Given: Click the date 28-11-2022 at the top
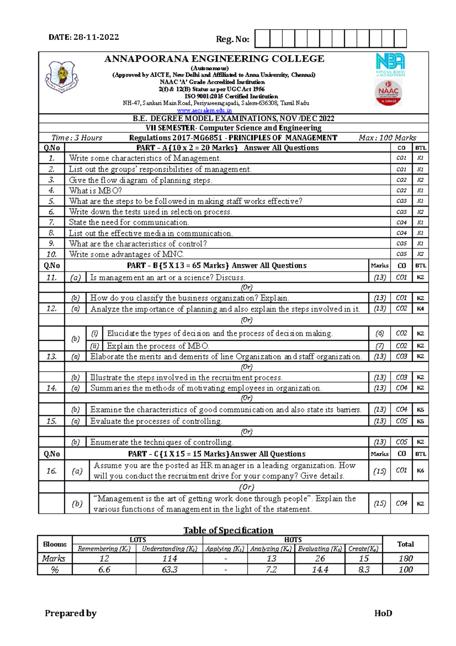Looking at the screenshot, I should [x=96, y=37].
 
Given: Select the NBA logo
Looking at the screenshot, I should [x=390, y=64].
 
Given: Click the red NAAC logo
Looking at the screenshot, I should [x=388, y=93].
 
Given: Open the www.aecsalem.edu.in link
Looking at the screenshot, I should [x=204, y=110].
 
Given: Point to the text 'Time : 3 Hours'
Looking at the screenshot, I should [x=77, y=138].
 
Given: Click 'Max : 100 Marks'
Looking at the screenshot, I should [x=387, y=138].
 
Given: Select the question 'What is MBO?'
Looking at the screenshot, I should [x=95, y=191].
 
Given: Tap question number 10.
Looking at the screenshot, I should [x=52, y=254].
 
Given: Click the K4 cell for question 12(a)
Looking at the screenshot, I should [x=420, y=309].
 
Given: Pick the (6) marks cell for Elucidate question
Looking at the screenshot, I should [x=379, y=334].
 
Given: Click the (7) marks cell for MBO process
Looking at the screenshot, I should [x=379, y=346].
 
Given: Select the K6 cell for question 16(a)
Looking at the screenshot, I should [x=420, y=471].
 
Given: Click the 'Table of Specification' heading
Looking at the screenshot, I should [x=228, y=530].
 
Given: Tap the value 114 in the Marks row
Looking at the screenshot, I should [x=169, y=558].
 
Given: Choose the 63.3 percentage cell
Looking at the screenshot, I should [x=169, y=570].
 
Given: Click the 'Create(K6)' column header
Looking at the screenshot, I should [x=363, y=549].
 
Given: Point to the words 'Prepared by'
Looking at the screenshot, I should [x=71, y=613].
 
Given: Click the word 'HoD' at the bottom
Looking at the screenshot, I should [x=383, y=613].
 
